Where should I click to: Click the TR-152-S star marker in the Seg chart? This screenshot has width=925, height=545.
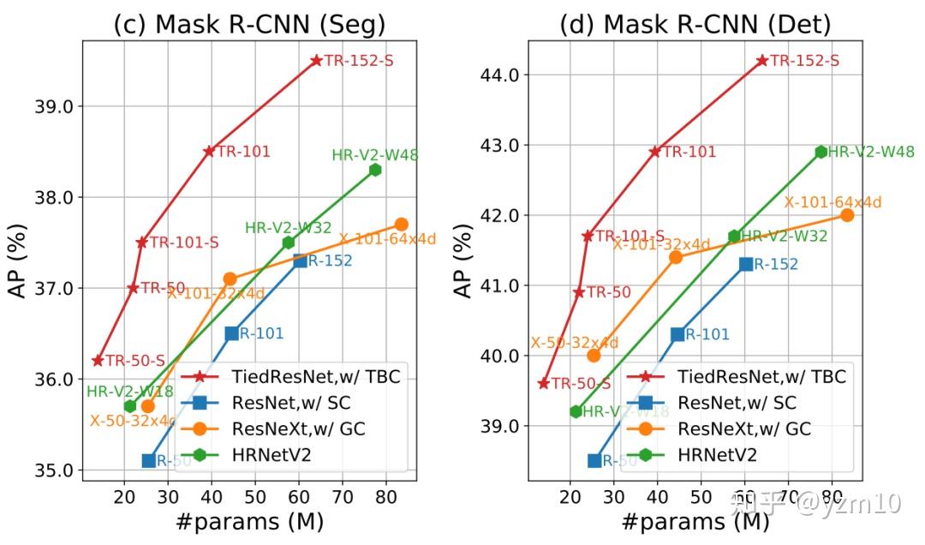point(316,60)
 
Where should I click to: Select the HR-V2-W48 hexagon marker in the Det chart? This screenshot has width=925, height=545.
point(821,152)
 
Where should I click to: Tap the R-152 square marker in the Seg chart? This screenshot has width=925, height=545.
point(301,261)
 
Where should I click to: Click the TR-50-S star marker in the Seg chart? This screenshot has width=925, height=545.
point(98,361)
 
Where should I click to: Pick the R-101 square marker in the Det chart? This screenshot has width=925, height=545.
point(677,334)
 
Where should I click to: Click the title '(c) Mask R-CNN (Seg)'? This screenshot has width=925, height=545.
point(249,24)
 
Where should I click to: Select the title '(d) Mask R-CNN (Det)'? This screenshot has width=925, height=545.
point(695,24)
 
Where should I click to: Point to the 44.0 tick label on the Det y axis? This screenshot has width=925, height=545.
point(500,75)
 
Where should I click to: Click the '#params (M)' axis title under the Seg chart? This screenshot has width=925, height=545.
point(249,522)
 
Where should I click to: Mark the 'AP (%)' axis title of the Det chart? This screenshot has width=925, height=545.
point(462,260)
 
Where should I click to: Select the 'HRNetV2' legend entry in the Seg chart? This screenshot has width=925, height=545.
point(271,455)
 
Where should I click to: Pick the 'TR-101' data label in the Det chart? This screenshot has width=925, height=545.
point(689,152)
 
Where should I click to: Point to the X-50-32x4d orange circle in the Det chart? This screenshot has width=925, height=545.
point(594,355)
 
